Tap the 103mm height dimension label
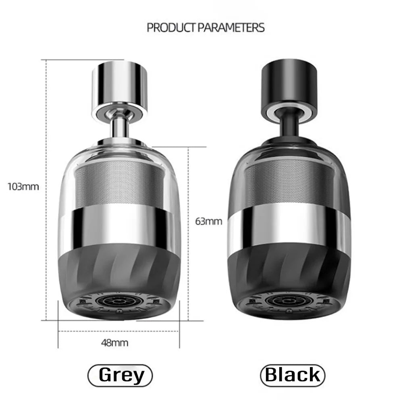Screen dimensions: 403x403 coord(23,187)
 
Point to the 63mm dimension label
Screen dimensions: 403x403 coord(208,221)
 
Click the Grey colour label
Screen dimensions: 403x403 coord(120,375)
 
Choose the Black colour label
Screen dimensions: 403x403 coord(293,375)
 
